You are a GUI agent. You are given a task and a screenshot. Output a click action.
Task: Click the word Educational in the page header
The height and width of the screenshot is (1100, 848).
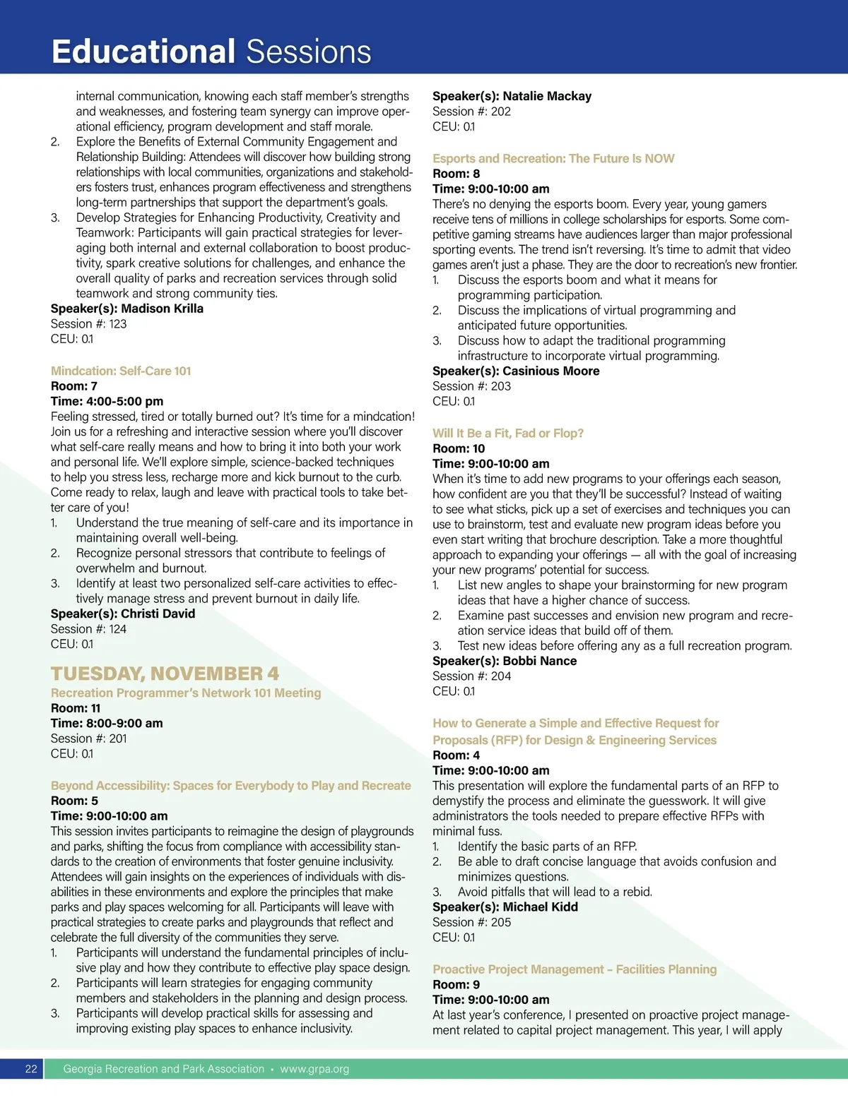(x=143, y=52)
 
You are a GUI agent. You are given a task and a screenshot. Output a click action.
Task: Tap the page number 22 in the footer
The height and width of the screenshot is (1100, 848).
(x=31, y=1069)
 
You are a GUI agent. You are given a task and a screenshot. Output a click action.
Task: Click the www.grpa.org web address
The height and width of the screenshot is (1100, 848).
(x=314, y=1069)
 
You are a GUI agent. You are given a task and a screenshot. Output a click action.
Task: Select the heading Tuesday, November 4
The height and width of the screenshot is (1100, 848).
(x=165, y=674)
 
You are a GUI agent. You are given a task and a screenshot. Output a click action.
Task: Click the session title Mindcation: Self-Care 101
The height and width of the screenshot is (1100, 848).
(x=121, y=371)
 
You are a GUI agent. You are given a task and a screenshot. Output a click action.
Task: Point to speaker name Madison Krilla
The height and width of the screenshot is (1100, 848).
(x=162, y=309)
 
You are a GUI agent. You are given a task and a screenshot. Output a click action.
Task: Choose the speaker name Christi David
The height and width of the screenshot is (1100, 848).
(x=158, y=614)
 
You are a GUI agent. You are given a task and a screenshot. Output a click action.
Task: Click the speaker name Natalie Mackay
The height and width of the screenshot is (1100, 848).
(x=547, y=96)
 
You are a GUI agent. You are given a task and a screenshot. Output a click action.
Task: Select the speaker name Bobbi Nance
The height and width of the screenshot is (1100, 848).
(x=539, y=661)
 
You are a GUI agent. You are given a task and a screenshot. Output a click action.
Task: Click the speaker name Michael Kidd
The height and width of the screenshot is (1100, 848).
(x=540, y=907)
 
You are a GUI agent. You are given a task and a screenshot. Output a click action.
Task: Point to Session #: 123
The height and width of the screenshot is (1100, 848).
(x=88, y=324)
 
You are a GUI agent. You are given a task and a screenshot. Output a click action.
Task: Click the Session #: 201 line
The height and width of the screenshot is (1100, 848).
(x=88, y=739)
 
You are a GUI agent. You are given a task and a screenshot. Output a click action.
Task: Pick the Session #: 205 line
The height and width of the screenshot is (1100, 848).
(x=471, y=922)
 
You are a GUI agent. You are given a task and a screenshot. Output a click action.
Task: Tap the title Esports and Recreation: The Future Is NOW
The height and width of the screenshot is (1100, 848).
(x=553, y=158)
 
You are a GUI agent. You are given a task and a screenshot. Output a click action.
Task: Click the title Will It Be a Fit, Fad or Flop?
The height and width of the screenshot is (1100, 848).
(x=508, y=433)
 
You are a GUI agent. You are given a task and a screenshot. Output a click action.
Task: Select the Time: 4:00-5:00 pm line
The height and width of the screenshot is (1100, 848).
(x=107, y=401)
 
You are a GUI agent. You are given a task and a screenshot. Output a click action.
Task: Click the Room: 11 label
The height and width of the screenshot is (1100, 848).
(x=76, y=708)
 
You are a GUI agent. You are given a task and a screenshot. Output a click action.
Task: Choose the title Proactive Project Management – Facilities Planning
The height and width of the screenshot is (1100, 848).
(x=575, y=969)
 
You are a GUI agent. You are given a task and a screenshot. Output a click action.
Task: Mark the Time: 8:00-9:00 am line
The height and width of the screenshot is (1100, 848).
(x=107, y=723)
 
